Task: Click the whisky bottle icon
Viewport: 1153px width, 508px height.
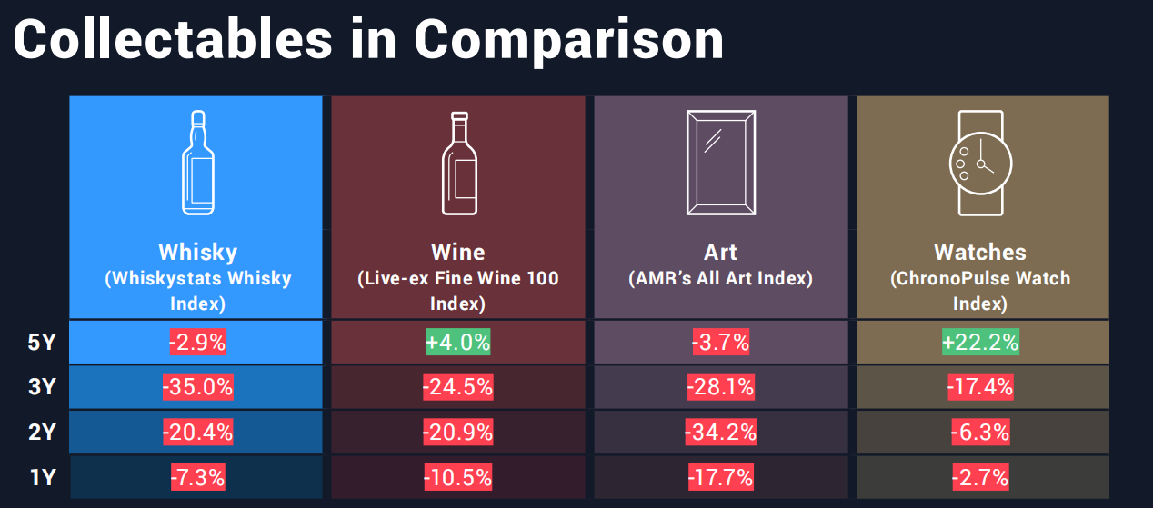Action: pos(197,163)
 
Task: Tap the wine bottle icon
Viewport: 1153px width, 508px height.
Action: pos(458,163)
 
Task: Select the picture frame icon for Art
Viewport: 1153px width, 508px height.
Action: pos(720,163)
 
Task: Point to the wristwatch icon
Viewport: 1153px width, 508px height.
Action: pos(980,163)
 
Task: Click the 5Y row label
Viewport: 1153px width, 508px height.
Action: pos(42,344)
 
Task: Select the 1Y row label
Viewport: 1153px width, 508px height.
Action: pos(42,477)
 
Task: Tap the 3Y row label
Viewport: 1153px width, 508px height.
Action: pos(42,388)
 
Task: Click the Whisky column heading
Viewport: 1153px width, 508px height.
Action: pos(197,252)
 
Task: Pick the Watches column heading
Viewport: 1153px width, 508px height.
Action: pos(980,252)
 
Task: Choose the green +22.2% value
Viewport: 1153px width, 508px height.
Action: pos(980,343)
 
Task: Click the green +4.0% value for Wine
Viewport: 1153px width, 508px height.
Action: pos(458,343)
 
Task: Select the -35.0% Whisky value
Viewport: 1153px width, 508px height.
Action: pos(197,387)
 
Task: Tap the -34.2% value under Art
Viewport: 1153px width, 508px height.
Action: pos(720,432)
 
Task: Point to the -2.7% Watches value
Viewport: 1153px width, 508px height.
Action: pos(980,477)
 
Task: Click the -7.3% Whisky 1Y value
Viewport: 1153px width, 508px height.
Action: pos(197,477)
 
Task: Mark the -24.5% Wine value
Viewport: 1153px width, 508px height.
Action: pos(458,387)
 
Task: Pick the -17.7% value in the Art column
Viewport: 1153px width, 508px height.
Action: pos(720,477)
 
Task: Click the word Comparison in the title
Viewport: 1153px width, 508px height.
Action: pos(569,41)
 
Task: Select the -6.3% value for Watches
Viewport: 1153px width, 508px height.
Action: pos(980,432)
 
